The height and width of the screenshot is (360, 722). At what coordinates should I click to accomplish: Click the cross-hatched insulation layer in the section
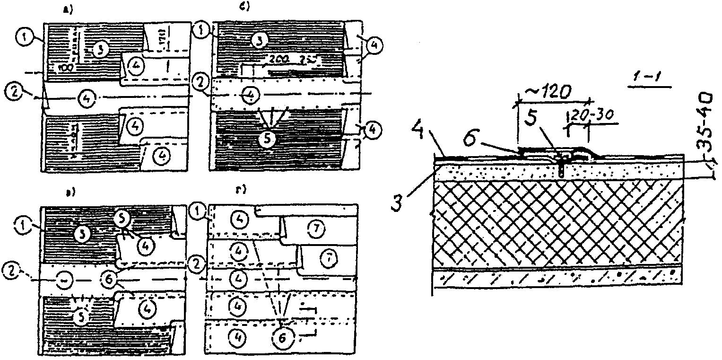pyautogui.click(x=558, y=222)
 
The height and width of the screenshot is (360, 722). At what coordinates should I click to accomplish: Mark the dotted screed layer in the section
pyautogui.click(x=558, y=171)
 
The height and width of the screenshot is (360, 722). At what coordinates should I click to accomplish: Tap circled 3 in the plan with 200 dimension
pyautogui.click(x=257, y=40)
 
